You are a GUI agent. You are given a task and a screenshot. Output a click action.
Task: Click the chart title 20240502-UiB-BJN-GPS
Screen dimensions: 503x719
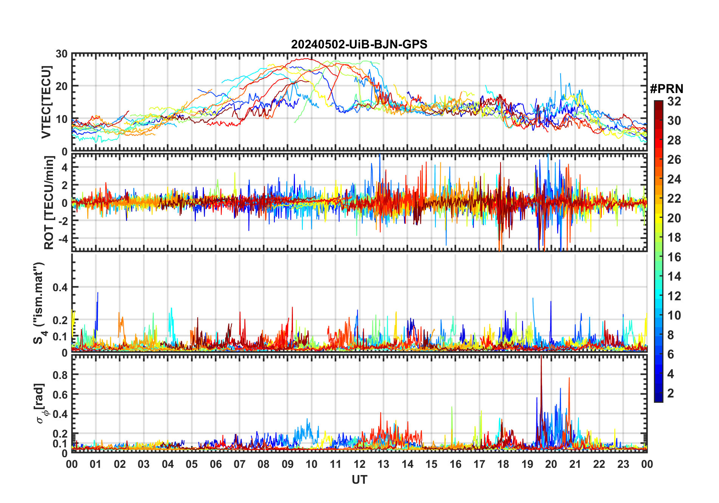click(x=359, y=44)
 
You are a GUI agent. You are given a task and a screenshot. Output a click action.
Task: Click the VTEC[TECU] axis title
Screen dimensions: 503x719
click(x=46, y=102)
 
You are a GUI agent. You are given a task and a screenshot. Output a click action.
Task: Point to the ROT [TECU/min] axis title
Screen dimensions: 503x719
click(x=49, y=203)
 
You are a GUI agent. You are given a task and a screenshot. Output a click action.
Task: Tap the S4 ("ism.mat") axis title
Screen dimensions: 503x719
click(x=39, y=303)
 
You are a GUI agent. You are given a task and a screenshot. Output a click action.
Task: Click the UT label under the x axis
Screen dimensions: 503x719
click(x=359, y=480)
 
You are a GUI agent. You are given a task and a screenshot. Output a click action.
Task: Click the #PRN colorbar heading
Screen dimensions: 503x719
click(x=666, y=89)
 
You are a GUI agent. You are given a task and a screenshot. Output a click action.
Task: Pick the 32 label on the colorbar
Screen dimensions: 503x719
click(x=674, y=101)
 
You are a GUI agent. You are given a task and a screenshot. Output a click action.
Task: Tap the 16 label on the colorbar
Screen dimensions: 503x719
click(x=674, y=257)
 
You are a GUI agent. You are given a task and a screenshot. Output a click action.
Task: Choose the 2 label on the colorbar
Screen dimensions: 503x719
click(x=671, y=393)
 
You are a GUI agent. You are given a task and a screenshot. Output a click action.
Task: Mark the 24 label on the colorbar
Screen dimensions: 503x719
click(x=674, y=179)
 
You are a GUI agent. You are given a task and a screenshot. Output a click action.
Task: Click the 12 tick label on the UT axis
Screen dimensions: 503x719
click(x=359, y=464)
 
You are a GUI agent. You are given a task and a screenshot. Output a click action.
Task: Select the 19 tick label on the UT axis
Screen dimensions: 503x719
click(x=527, y=464)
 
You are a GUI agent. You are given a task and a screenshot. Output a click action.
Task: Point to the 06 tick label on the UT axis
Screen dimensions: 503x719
click(x=216, y=464)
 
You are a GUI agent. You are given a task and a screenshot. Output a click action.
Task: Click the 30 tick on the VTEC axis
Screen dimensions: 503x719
click(x=62, y=54)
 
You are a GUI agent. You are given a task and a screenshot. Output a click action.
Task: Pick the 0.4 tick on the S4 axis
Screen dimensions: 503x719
click(x=60, y=287)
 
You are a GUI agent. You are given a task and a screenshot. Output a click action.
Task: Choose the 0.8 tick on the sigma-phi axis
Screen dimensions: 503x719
click(x=60, y=375)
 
